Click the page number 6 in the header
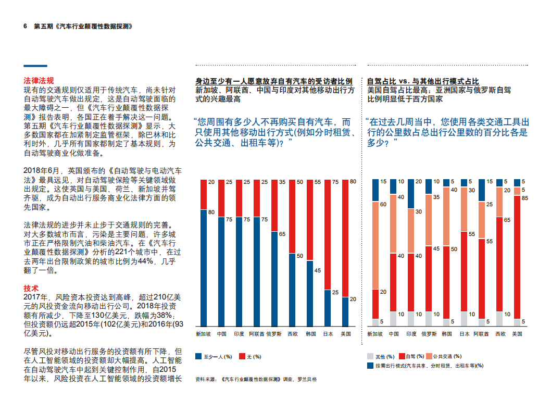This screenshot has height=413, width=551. (x=26, y=26)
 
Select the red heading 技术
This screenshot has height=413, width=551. (x=31, y=288)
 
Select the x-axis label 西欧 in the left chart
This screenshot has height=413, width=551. (x=293, y=333)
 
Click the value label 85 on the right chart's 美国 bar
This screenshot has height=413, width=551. (x=523, y=198)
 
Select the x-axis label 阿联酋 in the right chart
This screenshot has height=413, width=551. (x=481, y=333)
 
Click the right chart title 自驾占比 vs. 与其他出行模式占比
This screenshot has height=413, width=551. (x=423, y=82)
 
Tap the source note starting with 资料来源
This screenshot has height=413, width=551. (x=255, y=379)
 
